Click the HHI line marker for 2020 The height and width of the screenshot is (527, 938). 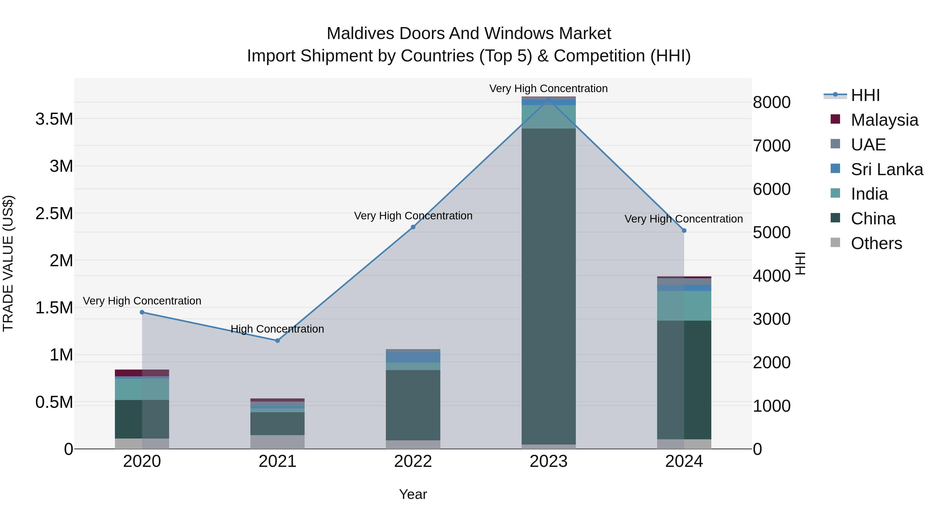(142, 312)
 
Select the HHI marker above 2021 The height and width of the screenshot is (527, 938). (277, 340)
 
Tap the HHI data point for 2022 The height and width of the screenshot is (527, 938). (413, 227)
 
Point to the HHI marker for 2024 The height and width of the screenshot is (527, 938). (684, 231)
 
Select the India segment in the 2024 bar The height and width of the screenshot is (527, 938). (684, 306)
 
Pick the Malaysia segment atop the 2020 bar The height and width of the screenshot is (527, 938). (142, 373)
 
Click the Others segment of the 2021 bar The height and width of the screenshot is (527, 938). (277, 442)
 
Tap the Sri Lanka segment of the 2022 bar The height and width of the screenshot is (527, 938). (413, 357)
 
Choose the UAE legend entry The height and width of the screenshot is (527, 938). (868, 145)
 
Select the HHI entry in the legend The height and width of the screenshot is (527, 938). (865, 95)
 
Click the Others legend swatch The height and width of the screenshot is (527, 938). (835, 243)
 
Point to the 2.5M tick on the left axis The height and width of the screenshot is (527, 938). (54, 213)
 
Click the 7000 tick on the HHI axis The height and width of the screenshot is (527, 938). (772, 146)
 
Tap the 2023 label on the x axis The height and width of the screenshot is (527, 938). (548, 461)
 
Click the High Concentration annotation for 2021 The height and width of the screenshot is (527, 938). (277, 329)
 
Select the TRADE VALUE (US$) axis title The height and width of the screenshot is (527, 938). (8, 263)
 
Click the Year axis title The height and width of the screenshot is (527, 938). (413, 494)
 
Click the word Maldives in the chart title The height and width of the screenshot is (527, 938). (361, 34)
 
